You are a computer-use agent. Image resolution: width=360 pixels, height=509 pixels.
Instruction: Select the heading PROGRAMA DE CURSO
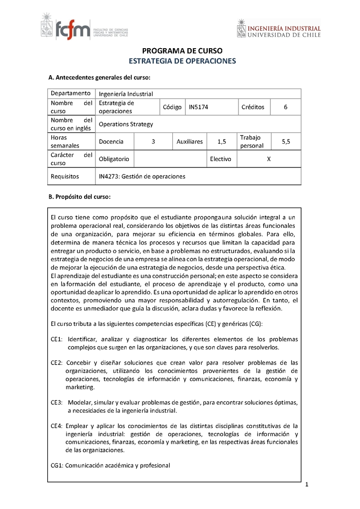coord(182,51)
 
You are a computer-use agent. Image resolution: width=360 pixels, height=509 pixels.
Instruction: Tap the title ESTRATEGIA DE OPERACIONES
coord(182,61)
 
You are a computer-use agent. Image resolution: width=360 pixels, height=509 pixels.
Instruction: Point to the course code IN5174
coord(199,107)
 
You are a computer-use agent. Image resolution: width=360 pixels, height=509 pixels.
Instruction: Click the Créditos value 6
coord(285,107)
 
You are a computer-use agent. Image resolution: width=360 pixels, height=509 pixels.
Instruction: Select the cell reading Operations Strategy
coord(126,124)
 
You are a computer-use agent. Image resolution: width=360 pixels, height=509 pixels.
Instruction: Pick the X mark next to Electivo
coord(269,159)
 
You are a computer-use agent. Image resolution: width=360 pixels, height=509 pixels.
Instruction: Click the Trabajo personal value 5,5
coord(286,141)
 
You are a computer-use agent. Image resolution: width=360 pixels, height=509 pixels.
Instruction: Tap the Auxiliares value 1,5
coord(221,141)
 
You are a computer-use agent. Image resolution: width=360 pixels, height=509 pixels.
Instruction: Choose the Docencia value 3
coord(153,141)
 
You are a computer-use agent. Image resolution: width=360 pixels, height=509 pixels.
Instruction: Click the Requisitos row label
coord(65,176)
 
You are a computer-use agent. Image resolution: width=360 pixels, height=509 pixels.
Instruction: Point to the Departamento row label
coord(71,94)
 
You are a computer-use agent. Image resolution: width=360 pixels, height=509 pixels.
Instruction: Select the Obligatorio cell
coord(114,159)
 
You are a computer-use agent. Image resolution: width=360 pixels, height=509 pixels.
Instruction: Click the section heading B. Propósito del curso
coord(79,197)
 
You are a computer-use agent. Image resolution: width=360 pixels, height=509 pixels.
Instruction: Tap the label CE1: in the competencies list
coord(57,339)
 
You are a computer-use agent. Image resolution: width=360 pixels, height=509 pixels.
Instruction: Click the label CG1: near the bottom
coord(57,465)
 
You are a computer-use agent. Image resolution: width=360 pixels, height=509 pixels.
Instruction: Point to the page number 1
coord(306,485)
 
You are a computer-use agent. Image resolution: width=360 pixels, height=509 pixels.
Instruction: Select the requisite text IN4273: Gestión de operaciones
coord(142,176)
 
